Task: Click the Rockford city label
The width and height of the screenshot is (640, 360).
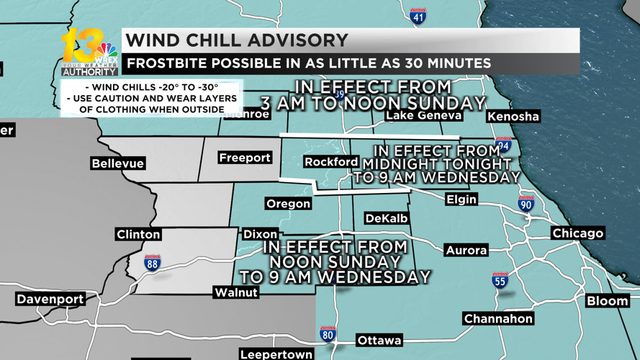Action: pos(331,162)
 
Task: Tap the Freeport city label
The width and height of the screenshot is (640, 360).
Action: pos(245,158)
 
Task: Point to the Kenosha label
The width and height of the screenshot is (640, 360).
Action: pos(513,117)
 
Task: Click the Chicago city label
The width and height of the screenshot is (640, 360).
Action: pos(578,233)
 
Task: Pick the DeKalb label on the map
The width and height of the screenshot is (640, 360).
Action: pos(387,218)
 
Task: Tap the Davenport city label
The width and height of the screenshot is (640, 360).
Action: pos(50,299)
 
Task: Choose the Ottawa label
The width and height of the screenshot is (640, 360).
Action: pos(379,341)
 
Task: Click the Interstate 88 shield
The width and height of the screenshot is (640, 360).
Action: pos(153,263)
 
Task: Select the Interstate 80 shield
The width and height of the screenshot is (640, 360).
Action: pos(328,334)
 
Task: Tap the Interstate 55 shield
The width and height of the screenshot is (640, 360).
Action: pos(500,281)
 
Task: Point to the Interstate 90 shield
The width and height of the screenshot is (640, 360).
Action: pos(526,204)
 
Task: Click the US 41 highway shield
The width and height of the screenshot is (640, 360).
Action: pos(418,16)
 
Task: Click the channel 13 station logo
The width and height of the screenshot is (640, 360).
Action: pos(89,53)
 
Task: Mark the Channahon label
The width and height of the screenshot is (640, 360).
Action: pos(498,318)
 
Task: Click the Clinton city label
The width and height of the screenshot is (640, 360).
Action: pos(138,235)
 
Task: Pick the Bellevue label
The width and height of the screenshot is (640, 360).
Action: pos(118,163)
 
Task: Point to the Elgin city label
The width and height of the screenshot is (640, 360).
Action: pos(461,199)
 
